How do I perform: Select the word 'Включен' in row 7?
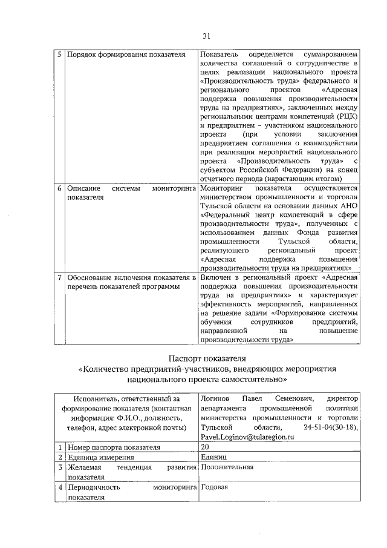(215, 277)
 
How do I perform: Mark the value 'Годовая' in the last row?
(215, 487)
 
